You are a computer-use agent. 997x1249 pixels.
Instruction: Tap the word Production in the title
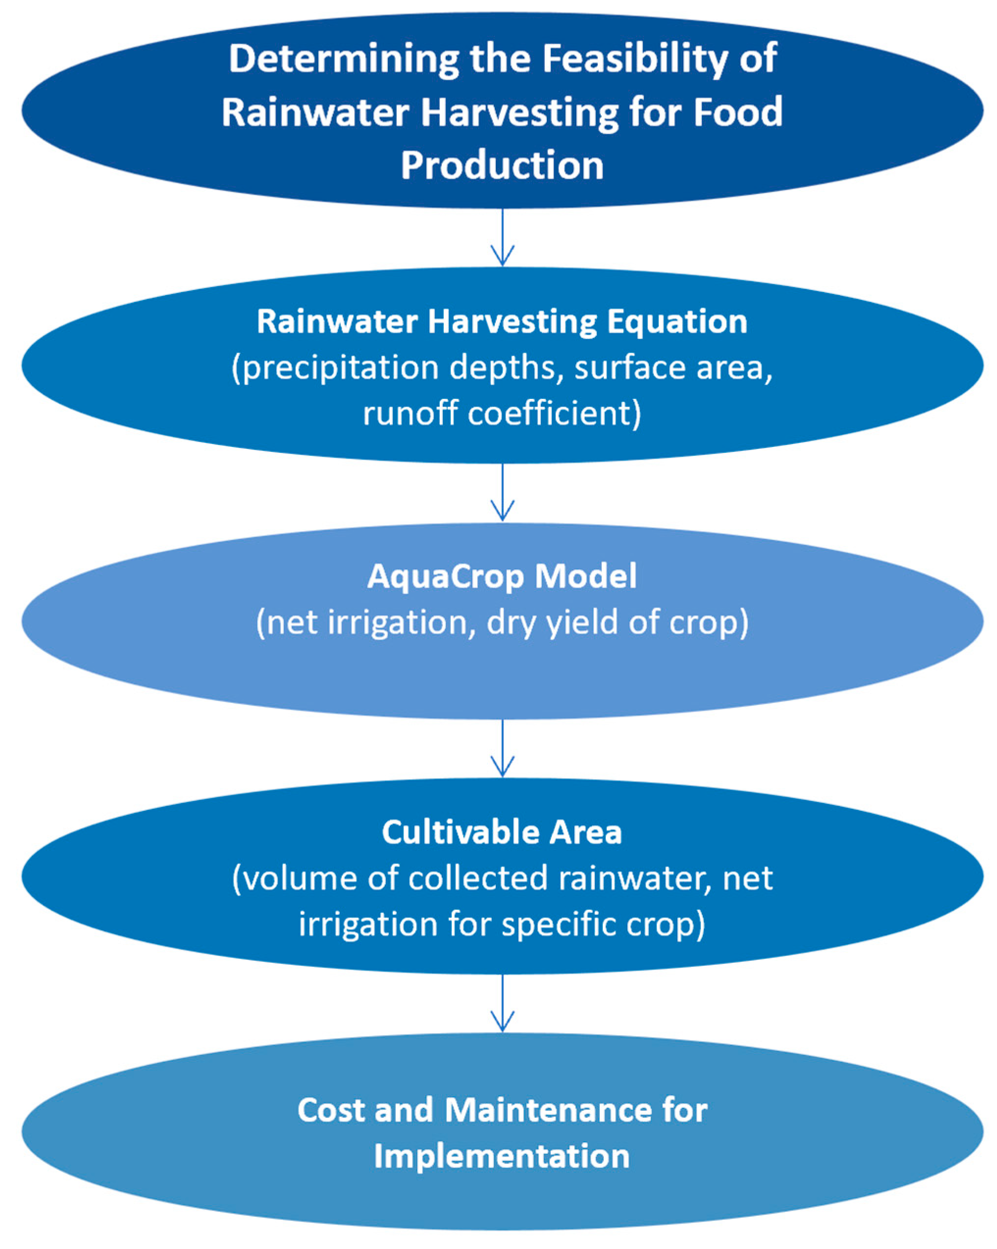[502, 166]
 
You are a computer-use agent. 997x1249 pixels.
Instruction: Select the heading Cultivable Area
[502, 833]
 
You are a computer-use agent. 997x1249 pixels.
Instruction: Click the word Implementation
[502, 1156]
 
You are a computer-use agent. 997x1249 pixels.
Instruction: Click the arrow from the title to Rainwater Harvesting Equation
[502, 238]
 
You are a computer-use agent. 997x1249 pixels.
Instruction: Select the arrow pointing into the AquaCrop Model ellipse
[502, 492]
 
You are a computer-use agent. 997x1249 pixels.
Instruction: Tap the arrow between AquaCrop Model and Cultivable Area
[502, 748]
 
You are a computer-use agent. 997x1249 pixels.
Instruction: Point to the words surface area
[672, 368]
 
